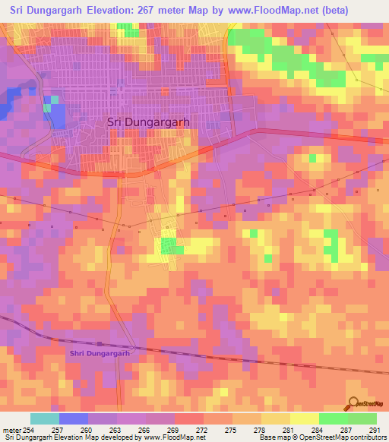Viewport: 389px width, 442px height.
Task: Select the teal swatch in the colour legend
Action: (x=44, y=418)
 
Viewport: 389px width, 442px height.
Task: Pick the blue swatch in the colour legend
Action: (x=73, y=418)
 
